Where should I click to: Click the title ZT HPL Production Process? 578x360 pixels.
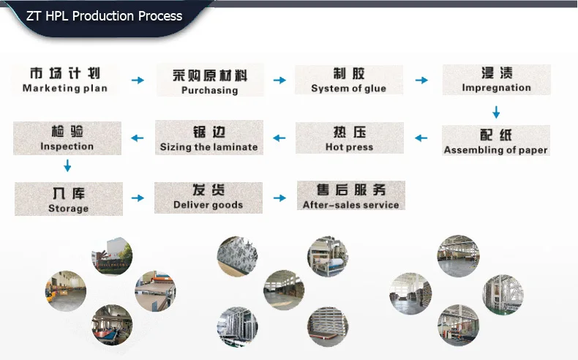(x=104, y=16)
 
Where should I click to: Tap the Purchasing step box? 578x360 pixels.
(x=209, y=80)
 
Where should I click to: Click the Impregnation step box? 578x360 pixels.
(x=496, y=80)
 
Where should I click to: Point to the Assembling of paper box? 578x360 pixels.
(x=495, y=141)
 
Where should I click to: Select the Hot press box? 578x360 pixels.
(x=349, y=138)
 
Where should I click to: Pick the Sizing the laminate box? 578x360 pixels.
(x=209, y=138)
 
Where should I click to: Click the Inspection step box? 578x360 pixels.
(x=67, y=138)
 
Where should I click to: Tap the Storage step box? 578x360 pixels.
(x=68, y=199)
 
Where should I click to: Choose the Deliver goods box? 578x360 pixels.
(x=208, y=198)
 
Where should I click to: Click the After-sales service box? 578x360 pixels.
(x=350, y=196)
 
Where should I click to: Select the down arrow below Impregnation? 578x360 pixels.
(x=496, y=112)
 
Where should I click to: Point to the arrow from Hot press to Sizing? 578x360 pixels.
(x=279, y=138)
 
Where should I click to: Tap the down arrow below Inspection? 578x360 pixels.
(x=67, y=167)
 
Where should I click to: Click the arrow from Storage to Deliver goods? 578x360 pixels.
(x=138, y=198)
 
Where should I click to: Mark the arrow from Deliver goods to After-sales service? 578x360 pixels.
(x=279, y=198)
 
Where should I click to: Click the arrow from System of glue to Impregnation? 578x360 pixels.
(x=421, y=80)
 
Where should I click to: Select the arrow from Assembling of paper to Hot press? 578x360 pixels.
(x=421, y=138)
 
